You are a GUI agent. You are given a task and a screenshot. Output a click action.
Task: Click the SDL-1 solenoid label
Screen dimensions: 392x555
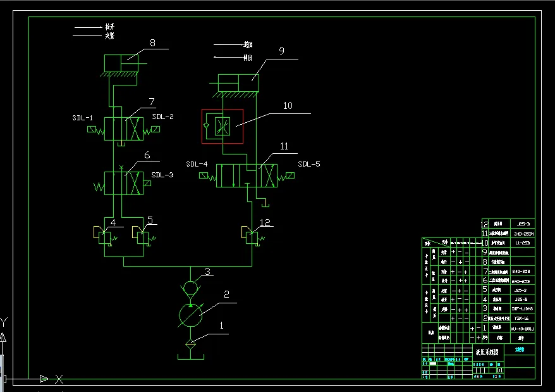[82, 118]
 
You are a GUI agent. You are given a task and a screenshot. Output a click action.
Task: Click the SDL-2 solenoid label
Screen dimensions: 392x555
[162, 117]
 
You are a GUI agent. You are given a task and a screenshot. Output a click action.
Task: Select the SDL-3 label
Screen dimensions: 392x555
[162, 175]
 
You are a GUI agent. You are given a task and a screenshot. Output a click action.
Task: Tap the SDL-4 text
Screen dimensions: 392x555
[197, 165]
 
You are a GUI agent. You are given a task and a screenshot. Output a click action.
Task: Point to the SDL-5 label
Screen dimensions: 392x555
[309, 165]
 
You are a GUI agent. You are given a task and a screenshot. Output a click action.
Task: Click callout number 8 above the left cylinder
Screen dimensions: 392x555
[152, 43]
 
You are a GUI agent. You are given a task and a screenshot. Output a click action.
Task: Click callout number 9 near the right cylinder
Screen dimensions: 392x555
[281, 51]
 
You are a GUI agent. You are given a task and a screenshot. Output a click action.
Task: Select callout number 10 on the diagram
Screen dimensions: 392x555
[288, 106]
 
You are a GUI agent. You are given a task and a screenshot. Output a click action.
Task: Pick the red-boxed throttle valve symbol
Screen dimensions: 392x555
[222, 126]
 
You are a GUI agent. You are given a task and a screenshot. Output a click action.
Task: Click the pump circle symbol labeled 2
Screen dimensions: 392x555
[190, 315]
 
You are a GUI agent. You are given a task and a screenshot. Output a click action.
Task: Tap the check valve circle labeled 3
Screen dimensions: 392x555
[190, 288]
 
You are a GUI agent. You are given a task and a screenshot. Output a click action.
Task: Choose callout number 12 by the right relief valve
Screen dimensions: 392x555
[265, 223]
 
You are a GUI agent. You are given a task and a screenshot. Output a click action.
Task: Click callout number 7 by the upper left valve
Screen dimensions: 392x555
[152, 102]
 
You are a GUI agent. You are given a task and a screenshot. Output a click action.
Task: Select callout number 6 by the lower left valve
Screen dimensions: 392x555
[147, 155]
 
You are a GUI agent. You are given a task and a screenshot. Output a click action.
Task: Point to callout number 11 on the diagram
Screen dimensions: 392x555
[284, 146]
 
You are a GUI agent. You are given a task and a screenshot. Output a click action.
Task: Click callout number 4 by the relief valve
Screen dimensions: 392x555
[113, 222]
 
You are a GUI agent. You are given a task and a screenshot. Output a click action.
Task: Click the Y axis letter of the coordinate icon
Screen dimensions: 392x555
[4, 321]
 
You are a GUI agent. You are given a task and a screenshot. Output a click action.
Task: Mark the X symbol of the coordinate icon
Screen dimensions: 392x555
[59, 379]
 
